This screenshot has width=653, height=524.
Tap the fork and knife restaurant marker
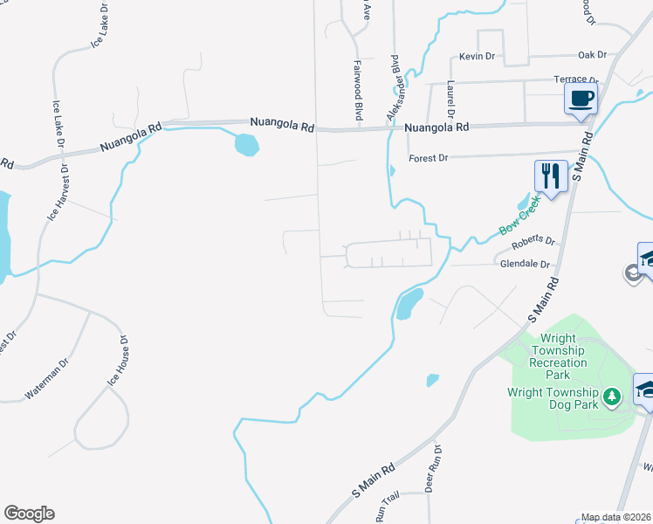pyautogui.click(x=550, y=176)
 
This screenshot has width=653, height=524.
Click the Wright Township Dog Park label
pyautogui.click(x=553, y=398)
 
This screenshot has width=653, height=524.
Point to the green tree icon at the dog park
pyautogui.click(x=613, y=397)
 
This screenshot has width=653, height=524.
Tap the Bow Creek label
pyautogui.click(x=519, y=216)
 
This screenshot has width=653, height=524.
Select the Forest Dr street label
pyautogui.click(x=428, y=158)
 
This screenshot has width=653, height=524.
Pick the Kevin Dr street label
pyautogui.click(x=477, y=56)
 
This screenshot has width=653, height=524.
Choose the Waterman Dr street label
pyautogui.click(x=45, y=378)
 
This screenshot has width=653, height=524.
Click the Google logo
pyautogui.click(x=29, y=514)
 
